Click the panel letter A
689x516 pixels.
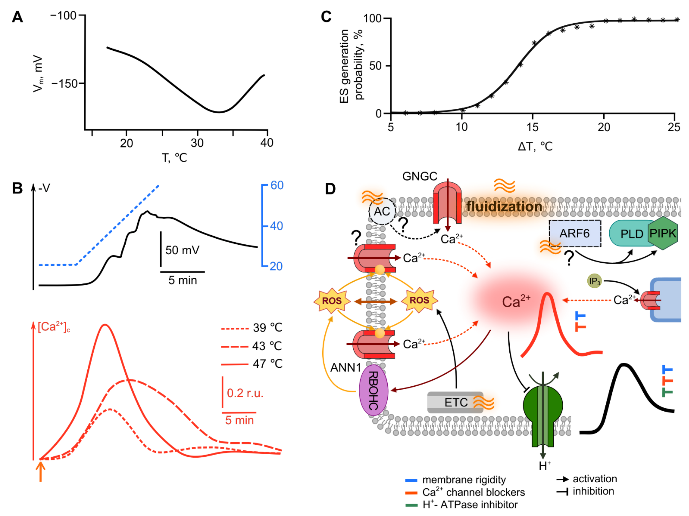[x=17, y=17]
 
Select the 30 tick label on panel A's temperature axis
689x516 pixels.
[x=197, y=143]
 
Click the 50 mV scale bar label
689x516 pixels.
[x=182, y=250]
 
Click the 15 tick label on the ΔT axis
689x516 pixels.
[x=532, y=127]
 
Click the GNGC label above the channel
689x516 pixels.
[x=420, y=177]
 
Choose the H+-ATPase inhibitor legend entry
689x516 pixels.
[x=470, y=504]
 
